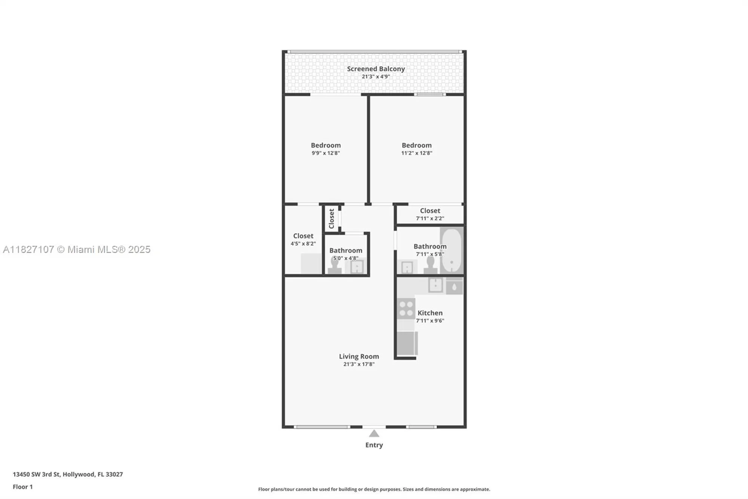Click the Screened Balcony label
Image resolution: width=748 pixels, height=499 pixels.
click(x=375, y=69)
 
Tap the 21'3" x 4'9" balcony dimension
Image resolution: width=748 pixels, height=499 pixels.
click(x=375, y=77)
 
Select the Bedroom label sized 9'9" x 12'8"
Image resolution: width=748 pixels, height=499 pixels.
click(x=325, y=145)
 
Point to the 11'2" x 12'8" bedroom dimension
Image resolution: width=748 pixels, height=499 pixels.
click(x=416, y=153)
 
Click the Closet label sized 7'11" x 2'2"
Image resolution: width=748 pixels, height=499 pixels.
click(x=430, y=211)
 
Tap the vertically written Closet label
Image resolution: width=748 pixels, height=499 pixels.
click(x=331, y=219)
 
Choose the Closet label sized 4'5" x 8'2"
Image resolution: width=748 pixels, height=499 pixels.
click(x=303, y=236)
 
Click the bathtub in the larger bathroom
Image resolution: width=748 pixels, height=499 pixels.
click(x=451, y=250)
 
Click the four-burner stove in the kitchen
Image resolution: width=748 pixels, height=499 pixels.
click(x=406, y=308)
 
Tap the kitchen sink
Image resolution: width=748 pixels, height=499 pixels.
click(x=436, y=285)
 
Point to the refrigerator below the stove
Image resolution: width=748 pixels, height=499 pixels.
click(x=407, y=343)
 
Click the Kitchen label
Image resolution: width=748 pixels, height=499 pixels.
click(x=430, y=313)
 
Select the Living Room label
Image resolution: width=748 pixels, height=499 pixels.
click(x=359, y=356)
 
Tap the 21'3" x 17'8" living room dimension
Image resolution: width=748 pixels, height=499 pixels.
click(x=359, y=364)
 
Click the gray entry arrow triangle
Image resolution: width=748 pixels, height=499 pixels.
click(x=374, y=434)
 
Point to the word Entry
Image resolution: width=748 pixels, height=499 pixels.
click(x=374, y=445)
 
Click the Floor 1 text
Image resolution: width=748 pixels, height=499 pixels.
click(x=23, y=487)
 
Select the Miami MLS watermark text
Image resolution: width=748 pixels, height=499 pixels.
click(x=77, y=250)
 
